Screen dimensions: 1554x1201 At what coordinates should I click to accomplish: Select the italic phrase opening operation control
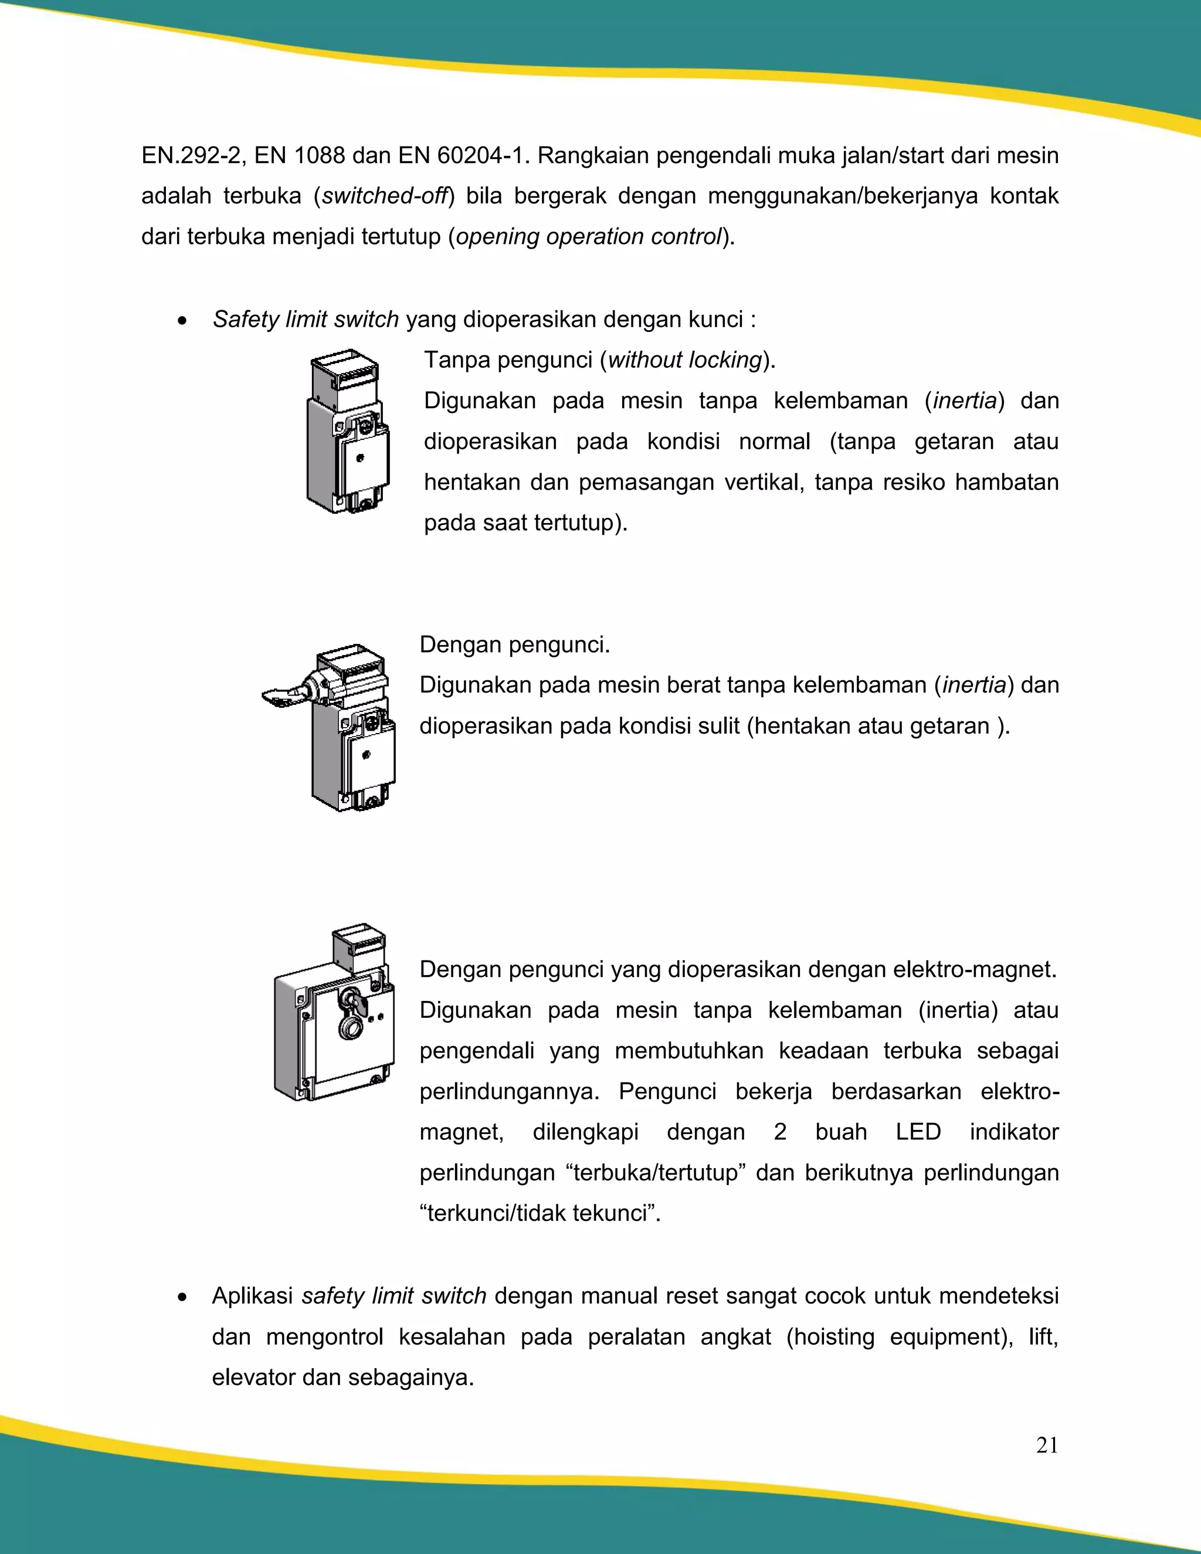coord(588,236)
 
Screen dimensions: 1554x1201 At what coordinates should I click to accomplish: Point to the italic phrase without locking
coord(684,360)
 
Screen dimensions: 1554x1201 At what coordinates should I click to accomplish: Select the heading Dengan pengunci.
coord(514,644)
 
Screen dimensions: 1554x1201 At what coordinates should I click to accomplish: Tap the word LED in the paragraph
coord(918,1132)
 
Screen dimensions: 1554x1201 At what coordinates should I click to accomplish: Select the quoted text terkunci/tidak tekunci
coord(540,1213)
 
